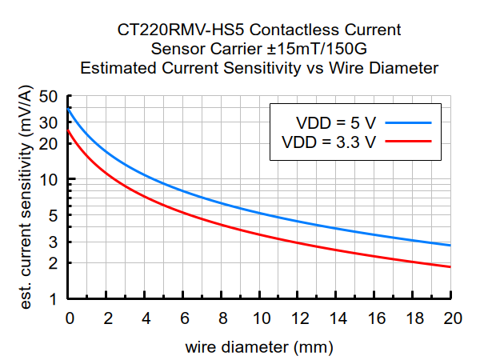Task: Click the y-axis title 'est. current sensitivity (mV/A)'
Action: [26, 198]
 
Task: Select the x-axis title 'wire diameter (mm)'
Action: [259, 348]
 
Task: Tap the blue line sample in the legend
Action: [407, 122]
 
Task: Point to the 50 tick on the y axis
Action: [50, 97]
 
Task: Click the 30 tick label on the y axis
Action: [50, 123]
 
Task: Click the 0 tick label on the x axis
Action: [70, 318]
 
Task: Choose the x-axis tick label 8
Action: [222, 318]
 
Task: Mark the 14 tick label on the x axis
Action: [337, 318]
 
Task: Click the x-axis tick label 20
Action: [452, 318]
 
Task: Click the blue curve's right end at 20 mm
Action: [451, 246]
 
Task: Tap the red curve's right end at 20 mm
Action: [451, 267]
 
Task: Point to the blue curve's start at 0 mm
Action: [70, 108]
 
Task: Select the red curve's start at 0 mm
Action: [70, 130]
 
